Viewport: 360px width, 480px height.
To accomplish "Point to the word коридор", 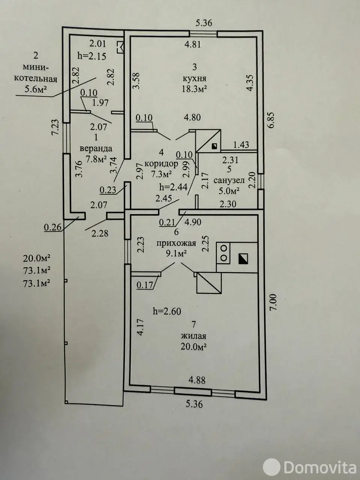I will pyautogui.click(x=161, y=163).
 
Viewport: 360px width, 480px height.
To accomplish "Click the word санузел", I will pyautogui.click(x=229, y=180).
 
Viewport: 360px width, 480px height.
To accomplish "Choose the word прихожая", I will pyautogui.click(x=176, y=243).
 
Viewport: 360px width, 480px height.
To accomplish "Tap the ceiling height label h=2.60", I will pyautogui.click(x=167, y=311).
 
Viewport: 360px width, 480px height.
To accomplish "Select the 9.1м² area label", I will pyautogui.click(x=176, y=253).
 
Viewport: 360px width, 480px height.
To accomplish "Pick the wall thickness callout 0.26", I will pyautogui.click(x=52, y=227).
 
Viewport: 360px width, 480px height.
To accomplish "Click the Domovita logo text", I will pyautogui.click(x=319, y=467).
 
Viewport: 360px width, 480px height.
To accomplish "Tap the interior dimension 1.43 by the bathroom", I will pyautogui.click(x=241, y=144).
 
